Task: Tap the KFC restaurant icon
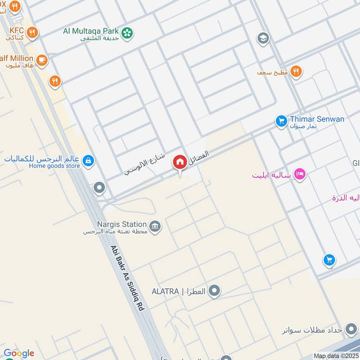[31, 32]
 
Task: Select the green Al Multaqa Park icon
[128, 32]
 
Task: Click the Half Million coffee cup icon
[41, 59]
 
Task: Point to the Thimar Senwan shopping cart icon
[281, 121]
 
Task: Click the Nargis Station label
[121, 224]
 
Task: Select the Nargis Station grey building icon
[155, 226]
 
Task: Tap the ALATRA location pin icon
[215, 291]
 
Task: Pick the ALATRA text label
[165, 292]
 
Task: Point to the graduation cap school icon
[263, 39]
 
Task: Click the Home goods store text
[54, 166]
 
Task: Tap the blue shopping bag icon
[89, 160]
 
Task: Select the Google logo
[18, 353]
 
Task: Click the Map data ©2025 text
[335, 356]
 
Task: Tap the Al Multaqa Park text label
[91, 31]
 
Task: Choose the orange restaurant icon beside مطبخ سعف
[296, 71]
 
